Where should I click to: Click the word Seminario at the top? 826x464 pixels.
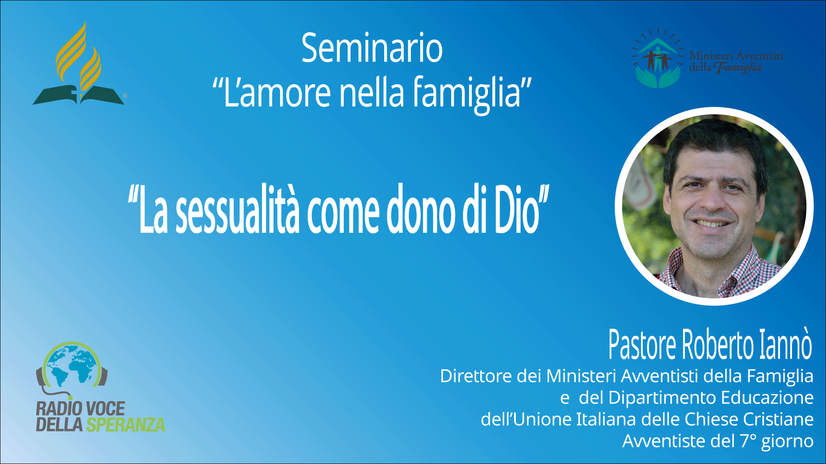pos(372,48)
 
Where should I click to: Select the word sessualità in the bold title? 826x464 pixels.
pos(237,209)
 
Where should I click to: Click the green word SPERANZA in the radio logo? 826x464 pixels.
pos(126,424)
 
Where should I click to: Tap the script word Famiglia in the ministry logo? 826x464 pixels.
pos(738,67)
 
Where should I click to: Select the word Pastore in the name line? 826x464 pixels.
pos(643,344)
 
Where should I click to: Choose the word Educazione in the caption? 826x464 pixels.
pos(767,398)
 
